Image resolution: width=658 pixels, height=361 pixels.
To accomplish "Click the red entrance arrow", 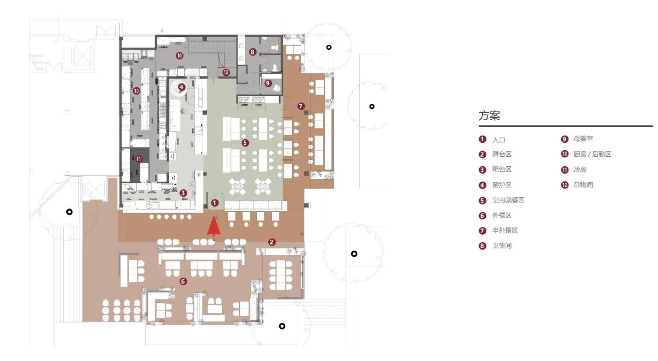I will (213, 226).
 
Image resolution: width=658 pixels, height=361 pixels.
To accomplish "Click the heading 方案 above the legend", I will (489, 116).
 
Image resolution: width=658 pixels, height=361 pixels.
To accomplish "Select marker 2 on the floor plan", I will (272, 242).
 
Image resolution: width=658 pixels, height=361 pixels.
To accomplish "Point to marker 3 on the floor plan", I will (183, 193).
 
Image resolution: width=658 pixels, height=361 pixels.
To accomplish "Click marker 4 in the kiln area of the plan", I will (181, 87).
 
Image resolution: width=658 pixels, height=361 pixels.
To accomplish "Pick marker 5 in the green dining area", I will (245, 142).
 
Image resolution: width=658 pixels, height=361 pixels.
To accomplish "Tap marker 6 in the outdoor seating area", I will (183, 281).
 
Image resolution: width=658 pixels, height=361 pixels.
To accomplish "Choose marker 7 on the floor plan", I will (301, 106).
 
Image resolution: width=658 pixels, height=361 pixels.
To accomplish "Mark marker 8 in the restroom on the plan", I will (252, 52).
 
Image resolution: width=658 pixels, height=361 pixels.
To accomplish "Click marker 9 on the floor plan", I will (267, 83).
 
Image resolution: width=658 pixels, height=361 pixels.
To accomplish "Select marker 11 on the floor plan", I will (138, 159).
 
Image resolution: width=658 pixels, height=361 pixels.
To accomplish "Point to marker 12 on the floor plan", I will (226, 72).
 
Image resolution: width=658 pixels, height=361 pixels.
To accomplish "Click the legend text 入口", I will (499, 140).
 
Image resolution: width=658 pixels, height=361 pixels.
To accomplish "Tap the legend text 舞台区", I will (502, 154).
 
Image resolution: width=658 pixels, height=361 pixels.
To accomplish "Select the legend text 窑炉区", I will (502, 185).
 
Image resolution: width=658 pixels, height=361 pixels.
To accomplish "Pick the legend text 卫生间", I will (502, 245).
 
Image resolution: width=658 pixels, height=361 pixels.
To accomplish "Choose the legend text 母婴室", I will (583, 139).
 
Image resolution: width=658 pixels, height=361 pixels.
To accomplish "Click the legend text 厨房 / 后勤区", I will (592, 154).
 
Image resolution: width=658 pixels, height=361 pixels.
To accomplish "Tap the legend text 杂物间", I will (583, 184).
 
